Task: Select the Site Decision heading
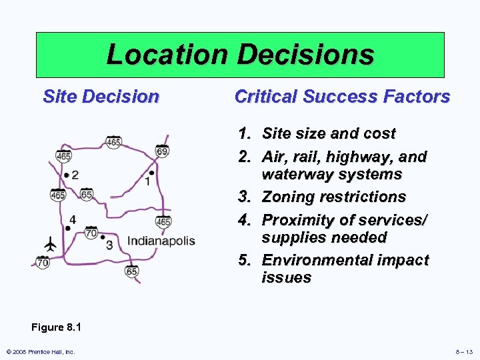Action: click(x=101, y=97)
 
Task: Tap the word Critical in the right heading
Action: click(x=265, y=97)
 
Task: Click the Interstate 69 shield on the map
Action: click(x=162, y=150)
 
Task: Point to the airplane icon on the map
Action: click(x=49, y=244)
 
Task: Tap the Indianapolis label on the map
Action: click(x=161, y=241)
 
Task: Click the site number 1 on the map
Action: click(x=147, y=181)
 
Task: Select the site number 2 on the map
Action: click(x=75, y=175)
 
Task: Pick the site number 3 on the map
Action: click(x=109, y=245)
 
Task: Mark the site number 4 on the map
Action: click(x=72, y=219)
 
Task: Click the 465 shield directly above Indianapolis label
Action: click(x=163, y=221)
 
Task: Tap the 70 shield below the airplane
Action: click(x=43, y=263)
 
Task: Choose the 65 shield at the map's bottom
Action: click(x=132, y=271)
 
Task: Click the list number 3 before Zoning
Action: click(x=244, y=197)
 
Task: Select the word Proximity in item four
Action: click(x=296, y=220)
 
